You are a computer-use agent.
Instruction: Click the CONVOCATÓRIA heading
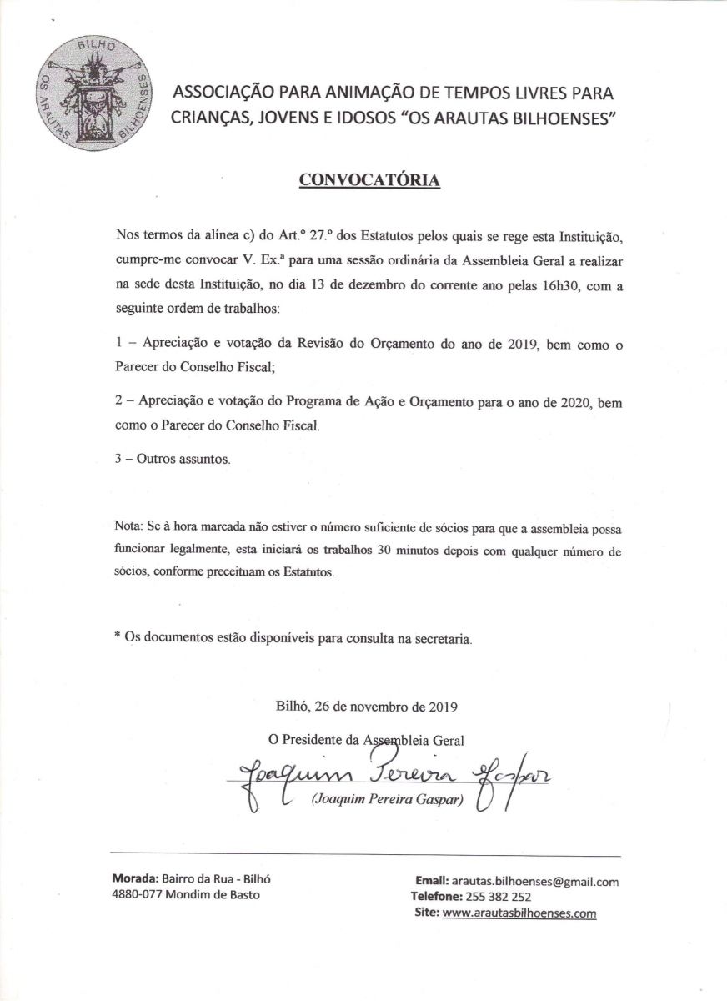click(368, 180)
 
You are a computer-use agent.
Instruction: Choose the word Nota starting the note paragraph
click(128, 530)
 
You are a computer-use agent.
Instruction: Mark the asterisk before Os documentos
click(118, 638)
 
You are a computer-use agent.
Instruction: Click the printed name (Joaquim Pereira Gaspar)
click(386, 802)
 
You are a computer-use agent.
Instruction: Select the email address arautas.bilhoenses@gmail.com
click(534, 881)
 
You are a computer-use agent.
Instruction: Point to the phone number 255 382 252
click(499, 897)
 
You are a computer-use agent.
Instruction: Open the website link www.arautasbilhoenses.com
click(519, 913)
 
